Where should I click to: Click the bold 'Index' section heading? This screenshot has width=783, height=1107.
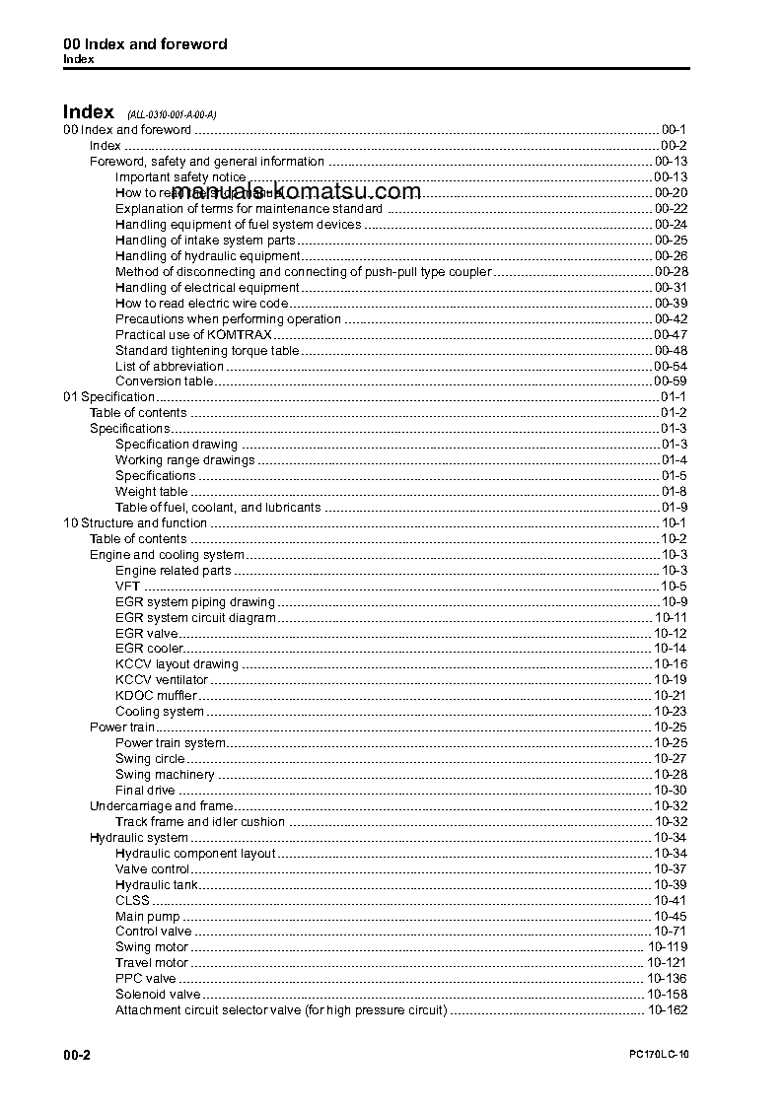coord(88,111)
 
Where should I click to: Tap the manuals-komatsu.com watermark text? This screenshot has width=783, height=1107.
coord(296,192)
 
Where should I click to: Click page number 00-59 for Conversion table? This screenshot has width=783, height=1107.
coord(671,381)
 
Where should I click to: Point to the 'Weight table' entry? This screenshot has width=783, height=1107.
coord(151,492)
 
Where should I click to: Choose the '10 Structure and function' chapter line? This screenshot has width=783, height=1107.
coord(135,523)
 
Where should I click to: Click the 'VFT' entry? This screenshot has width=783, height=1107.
coord(127,587)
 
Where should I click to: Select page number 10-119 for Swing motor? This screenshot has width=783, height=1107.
coord(668,947)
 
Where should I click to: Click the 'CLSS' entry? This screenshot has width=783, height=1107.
coord(132,900)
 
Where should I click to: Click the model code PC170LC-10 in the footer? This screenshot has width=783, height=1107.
coord(658,1056)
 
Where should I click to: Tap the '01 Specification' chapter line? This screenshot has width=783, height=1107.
coord(108,397)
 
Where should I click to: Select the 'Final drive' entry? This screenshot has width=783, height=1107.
coord(145,791)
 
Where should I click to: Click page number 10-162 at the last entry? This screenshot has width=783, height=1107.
coord(668,1010)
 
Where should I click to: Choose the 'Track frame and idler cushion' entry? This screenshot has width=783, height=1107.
coord(200,822)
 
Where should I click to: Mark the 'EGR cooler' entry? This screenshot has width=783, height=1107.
coord(149,649)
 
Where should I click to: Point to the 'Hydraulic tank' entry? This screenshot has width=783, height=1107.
coord(157,885)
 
